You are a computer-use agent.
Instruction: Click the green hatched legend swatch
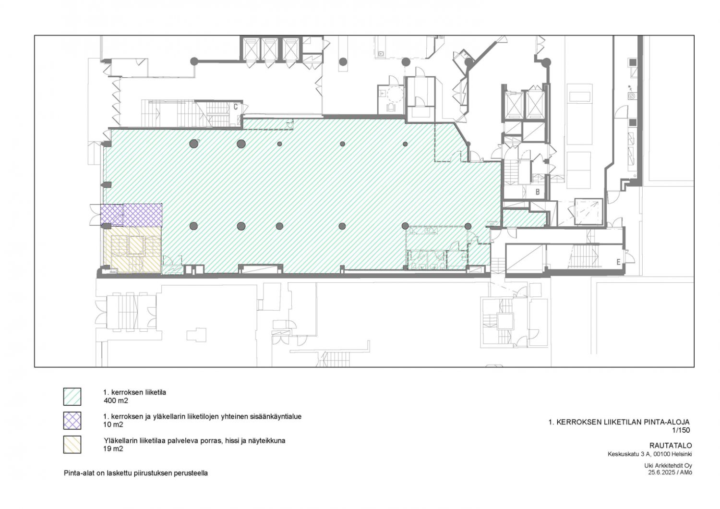(72, 397)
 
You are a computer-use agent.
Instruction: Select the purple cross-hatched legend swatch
(72, 421)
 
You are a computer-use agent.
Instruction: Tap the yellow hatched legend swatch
(72, 444)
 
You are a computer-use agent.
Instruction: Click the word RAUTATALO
(671, 446)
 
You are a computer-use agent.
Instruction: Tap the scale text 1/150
(681, 430)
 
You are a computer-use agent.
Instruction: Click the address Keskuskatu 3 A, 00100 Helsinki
(649, 454)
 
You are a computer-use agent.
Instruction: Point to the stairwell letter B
(537, 192)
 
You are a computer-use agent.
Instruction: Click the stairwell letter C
(236, 107)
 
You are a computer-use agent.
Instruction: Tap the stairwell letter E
(618, 262)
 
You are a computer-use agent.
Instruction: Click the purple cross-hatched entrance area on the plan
(131, 215)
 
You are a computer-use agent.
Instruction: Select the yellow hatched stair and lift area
(132, 250)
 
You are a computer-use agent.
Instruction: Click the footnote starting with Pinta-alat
(136, 473)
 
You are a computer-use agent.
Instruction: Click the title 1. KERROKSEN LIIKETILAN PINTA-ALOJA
(619, 422)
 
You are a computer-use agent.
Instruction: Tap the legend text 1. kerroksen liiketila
(135, 393)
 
